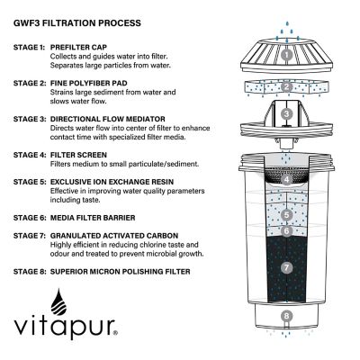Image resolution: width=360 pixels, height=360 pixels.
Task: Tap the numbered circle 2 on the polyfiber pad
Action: coord(285,87)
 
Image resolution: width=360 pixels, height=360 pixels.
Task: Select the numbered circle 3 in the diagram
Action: coord(285,114)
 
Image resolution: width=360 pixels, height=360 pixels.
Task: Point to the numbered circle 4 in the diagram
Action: coord(285,180)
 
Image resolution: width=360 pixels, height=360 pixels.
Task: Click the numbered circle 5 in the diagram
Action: coord(285,215)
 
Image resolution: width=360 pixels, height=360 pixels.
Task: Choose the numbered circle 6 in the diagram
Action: coord(285,231)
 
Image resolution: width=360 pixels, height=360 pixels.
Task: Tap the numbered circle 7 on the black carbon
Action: coord(285,267)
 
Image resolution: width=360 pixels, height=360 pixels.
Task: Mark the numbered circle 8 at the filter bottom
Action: coord(285,316)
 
